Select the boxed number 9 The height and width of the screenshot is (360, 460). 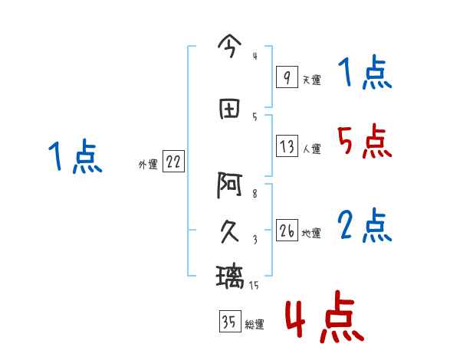286,77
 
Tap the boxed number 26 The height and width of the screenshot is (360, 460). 287,231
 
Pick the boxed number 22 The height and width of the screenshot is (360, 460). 173,162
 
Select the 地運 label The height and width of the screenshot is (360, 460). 311,234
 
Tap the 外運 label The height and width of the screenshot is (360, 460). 147,164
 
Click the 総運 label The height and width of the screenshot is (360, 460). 254,324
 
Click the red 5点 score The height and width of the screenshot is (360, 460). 363,142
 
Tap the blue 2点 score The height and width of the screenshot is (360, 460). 364,225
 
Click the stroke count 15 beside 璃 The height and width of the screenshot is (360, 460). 254,285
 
